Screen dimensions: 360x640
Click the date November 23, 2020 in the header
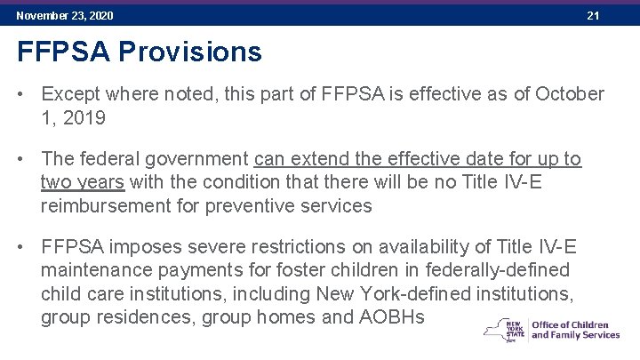65,16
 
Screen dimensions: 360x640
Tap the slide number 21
594,16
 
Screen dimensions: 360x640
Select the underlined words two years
83,182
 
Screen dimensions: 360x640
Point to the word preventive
246,205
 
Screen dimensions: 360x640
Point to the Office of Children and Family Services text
575,330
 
